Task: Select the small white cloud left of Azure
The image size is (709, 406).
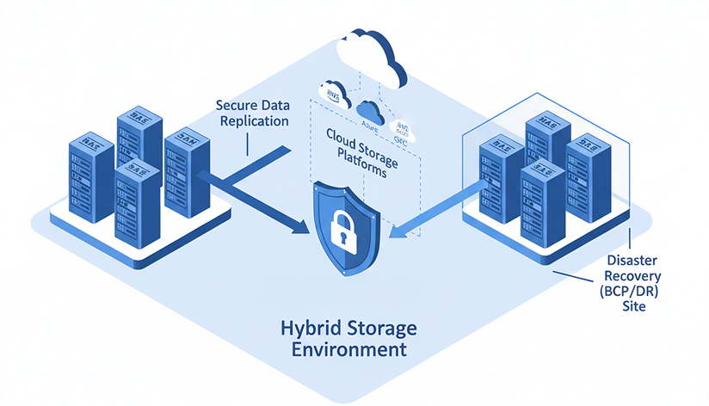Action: coord(335,93)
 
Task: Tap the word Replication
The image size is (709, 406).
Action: coord(254,121)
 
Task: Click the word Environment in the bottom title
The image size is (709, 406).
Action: coord(348,350)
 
